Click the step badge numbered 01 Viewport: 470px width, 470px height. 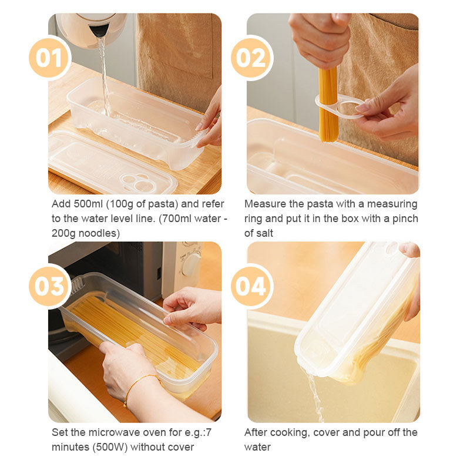coord(49,58)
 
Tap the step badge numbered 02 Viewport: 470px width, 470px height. coord(251,58)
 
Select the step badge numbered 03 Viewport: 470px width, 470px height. coord(49,286)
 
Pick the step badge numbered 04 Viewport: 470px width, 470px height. coord(251,286)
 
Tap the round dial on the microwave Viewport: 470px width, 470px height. coord(190,265)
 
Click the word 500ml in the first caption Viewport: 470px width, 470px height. coord(88,204)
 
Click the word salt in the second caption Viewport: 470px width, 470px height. coord(268,233)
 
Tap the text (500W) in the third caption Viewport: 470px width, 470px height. coord(109,447)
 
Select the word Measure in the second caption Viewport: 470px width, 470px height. coord(263,204)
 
